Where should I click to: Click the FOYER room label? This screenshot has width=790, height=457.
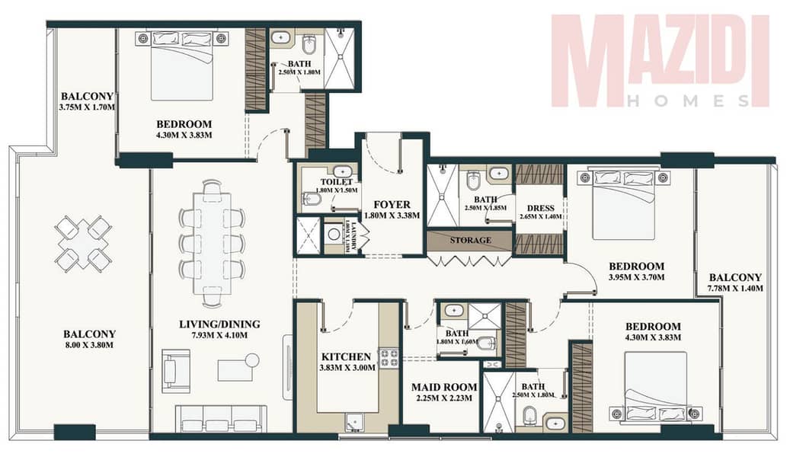[392, 205]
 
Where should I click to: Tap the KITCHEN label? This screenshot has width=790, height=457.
[346, 356]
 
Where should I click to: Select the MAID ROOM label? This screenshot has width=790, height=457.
[444, 387]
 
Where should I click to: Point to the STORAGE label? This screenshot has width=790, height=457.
[470, 241]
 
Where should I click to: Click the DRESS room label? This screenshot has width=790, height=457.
[541, 208]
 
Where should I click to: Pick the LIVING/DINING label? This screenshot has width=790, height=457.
[219, 324]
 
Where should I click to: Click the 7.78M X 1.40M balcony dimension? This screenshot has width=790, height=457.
[735, 289]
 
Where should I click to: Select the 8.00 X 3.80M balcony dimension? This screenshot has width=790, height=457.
[88, 345]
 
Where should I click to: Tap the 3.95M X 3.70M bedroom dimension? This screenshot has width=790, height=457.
[636, 277]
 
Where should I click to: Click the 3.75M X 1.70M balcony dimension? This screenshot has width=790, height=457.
[87, 107]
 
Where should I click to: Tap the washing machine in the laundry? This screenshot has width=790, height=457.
[334, 235]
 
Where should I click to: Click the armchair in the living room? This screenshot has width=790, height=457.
[176, 371]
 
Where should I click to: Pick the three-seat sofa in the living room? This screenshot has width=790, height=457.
[221, 417]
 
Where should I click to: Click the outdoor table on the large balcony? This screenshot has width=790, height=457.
[82, 244]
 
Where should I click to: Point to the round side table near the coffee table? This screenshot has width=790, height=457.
[251, 360]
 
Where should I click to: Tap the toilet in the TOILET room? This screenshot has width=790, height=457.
[312, 200]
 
